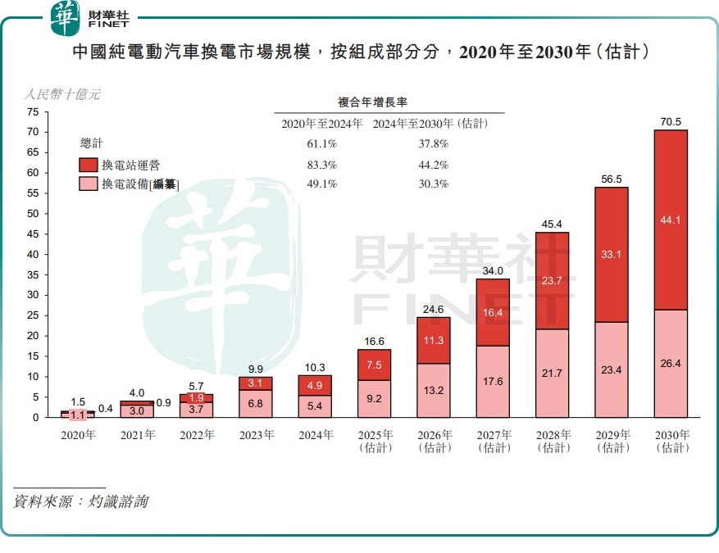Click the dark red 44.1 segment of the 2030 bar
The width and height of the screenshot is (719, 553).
pos(671,220)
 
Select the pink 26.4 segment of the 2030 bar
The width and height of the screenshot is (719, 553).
pos(671,363)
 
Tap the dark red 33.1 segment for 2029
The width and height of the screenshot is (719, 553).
pos(611,254)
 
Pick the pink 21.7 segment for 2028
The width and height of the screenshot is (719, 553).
pos(552,373)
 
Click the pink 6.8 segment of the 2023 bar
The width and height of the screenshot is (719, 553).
pos(255,403)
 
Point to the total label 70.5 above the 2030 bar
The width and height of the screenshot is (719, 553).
pos(671,122)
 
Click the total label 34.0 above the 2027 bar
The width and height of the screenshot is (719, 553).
pos(493,271)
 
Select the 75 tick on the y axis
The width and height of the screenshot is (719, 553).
pos(33,111)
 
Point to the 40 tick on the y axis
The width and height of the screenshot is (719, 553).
pos(33,254)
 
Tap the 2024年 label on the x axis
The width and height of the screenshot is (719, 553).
pos(315,435)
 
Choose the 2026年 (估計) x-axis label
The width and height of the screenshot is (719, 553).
pos(434,441)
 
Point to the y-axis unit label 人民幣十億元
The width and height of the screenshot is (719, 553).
pos(62,94)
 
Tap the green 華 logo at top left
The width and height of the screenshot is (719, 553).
pos(66,18)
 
